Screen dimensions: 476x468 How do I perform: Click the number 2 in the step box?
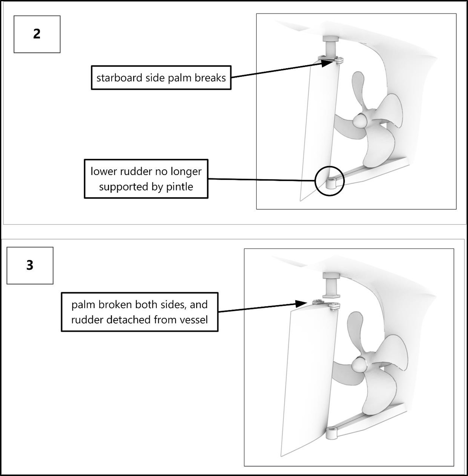tap(37, 34)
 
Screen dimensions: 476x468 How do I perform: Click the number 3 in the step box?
tap(30, 265)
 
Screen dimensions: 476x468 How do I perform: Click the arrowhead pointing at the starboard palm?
tap(327, 63)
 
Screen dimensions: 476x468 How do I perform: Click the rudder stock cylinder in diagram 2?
tap(331, 49)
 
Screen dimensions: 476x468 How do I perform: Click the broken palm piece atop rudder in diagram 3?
tap(318, 302)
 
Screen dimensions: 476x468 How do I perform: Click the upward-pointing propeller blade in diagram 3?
tap(355, 326)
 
